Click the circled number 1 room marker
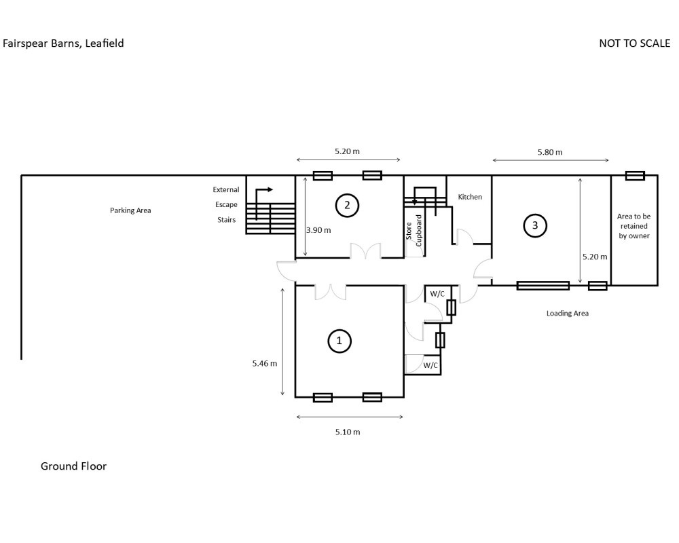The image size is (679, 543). [339, 341]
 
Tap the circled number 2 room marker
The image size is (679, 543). [347, 205]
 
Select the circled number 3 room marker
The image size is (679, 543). [535, 225]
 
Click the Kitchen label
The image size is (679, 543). [470, 197]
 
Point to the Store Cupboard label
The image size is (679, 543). [414, 231]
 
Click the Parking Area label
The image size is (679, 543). [130, 210]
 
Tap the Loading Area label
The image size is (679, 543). [567, 313]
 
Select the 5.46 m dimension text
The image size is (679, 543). [265, 363]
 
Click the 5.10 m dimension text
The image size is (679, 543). [348, 432]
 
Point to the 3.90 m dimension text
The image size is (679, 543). [318, 230]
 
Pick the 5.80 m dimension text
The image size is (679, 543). [550, 152]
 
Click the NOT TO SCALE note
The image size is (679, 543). [634, 43]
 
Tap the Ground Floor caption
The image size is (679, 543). [73, 466]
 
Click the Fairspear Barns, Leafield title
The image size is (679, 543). [63, 43]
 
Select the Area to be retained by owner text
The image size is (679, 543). [634, 226]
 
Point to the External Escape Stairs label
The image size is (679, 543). [226, 204]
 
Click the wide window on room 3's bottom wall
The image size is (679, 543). [543, 285]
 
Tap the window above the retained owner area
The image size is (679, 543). [635, 175]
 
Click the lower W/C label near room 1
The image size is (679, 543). [430, 365]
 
